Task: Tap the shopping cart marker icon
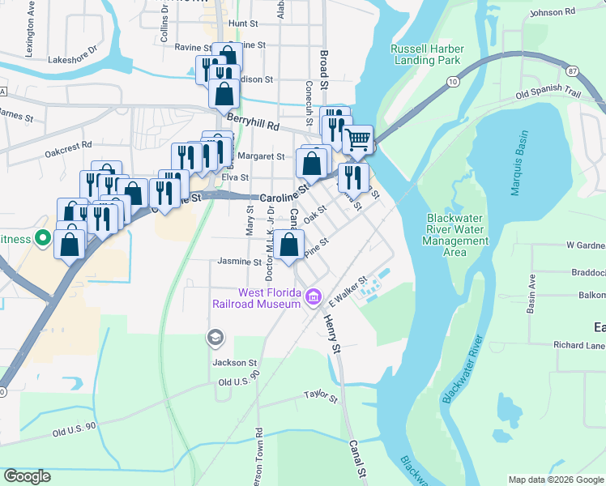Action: tap(357, 140)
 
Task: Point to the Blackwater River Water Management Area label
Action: tap(458, 235)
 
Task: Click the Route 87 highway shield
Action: tap(574, 71)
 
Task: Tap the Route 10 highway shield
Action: tap(452, 82)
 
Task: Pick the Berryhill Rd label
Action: tap(253, 124)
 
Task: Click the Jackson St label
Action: tap(234, 363)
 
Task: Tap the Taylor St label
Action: tap(320, 396)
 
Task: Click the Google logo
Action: tap(27, 476)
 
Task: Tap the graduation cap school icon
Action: tap(215, 336)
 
